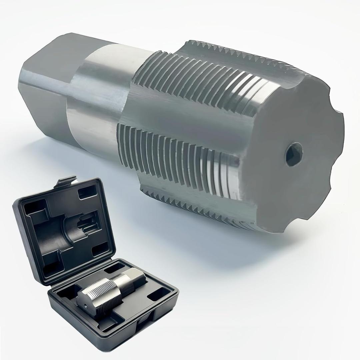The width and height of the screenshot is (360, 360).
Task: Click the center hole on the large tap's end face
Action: (294, 154)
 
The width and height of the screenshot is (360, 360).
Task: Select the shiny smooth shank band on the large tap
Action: (100, 97)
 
